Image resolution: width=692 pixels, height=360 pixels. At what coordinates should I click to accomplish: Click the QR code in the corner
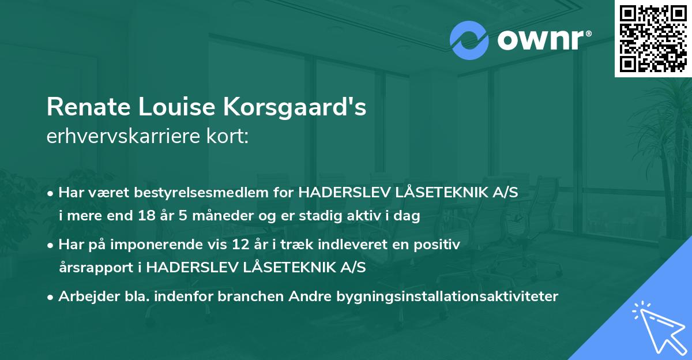653,39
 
